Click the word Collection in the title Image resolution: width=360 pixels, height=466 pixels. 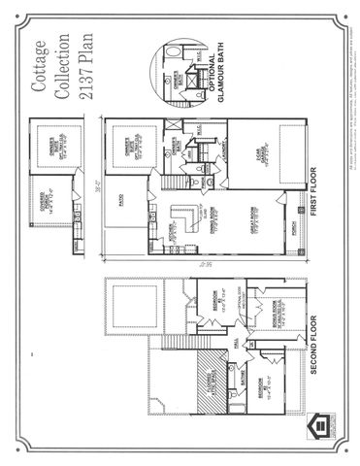pos(62,67)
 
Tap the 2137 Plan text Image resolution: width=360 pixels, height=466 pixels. pos(84,67)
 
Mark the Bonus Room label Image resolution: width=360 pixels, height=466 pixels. pos(280,315)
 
